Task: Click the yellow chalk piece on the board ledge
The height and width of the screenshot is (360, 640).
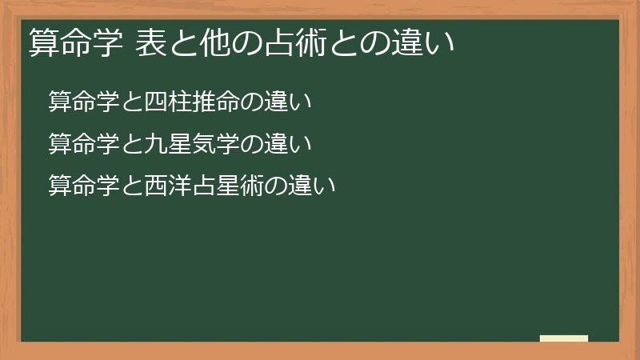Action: pyautogui.click(x=563, y=338)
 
